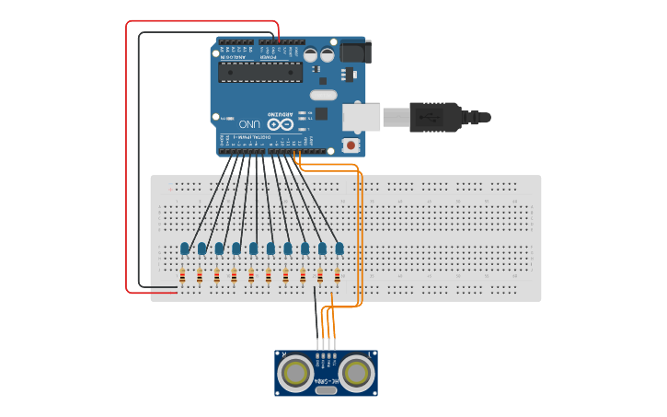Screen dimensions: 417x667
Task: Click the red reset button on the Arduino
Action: click(351, 145)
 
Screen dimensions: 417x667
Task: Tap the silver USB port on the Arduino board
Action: click(361, 117)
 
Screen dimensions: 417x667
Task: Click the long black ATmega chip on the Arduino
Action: click(260, 72)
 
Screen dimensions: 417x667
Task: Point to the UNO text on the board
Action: click(249, 123)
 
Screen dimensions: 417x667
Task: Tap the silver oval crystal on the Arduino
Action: click(324, 95)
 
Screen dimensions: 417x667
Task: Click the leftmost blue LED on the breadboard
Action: click(185, 248)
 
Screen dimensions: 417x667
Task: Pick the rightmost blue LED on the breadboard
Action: click(339, 248)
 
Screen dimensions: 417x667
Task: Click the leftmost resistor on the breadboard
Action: click(182, 275)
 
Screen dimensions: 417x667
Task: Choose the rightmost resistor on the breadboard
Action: click(337, 275)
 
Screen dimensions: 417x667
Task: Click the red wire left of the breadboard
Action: click(127, 156)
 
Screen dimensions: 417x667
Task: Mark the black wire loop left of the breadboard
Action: click(139, 156)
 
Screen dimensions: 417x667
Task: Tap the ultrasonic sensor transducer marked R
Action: click(296, 373)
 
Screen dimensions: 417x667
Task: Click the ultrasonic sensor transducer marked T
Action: click(356, 373)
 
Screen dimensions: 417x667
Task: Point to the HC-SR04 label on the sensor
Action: click(327, 379)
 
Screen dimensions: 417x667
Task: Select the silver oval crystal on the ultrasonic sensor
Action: click(326, 390)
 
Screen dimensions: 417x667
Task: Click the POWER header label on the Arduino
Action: click(269, 58)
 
